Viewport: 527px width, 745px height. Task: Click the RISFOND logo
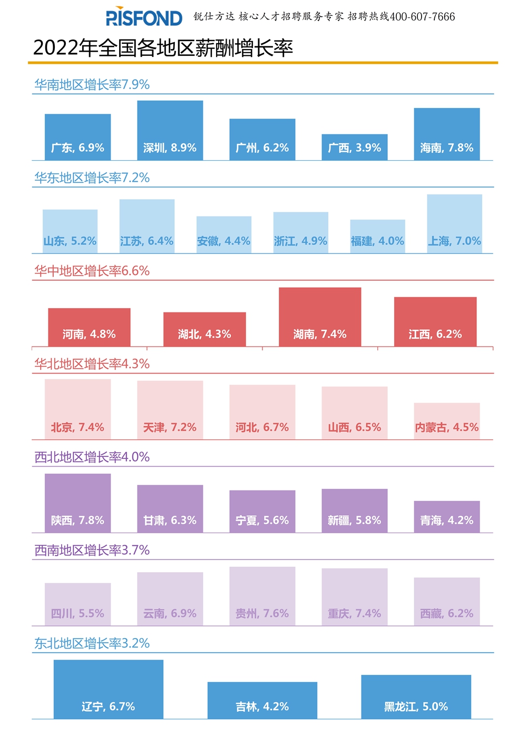144,17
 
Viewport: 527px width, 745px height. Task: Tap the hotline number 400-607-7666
422,17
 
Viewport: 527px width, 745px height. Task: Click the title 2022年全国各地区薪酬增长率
163,48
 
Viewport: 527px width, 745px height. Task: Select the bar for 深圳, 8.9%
170,130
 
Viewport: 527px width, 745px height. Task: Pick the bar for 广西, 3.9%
355,147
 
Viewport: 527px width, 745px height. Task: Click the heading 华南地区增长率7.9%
92,85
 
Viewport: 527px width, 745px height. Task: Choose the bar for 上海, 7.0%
454,224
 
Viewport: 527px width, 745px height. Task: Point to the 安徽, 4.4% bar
224,234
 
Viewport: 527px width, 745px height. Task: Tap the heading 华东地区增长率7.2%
92,178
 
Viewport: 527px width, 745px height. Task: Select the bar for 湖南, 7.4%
320,317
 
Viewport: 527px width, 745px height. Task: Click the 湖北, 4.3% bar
204,329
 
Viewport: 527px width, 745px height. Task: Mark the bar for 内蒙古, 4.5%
447,421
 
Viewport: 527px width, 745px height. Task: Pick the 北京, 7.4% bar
77,409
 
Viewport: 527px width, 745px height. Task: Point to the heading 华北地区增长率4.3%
92,364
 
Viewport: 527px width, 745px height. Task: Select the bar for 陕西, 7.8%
77,503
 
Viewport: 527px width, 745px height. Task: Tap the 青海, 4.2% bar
447,516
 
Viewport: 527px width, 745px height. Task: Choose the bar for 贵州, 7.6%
262,596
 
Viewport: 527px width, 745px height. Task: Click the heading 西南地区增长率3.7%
92,551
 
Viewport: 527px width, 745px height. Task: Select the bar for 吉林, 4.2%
262,700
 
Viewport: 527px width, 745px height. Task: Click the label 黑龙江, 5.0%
416,707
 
